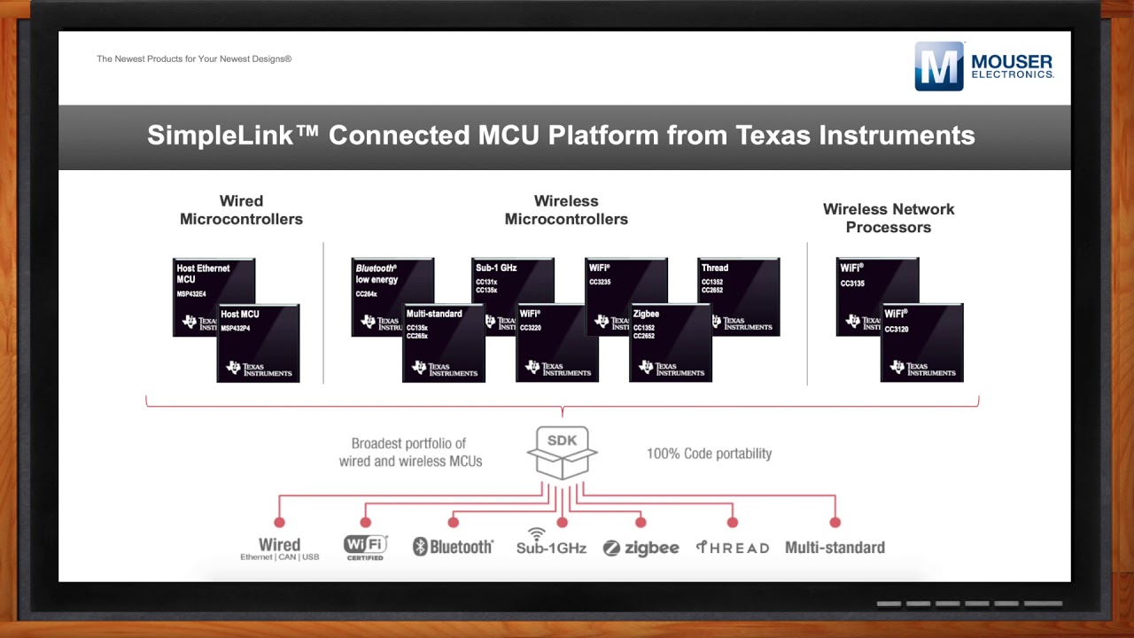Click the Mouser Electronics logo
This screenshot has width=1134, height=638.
click(x=983, y=66)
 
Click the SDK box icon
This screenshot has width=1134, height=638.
click(x=562, y=453)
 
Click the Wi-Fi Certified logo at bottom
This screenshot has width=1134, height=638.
click(x=365, y=547)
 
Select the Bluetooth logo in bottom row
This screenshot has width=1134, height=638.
click(x=453, y=547)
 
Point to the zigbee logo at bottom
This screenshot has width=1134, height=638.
click(x=641, y=548)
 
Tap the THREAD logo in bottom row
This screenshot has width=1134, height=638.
click(x=732, y=548)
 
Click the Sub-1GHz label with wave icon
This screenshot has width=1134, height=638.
click(x=551, y=542)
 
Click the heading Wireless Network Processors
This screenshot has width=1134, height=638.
click(x=888, y=218)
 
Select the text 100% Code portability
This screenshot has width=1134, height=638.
click(x=709, y=454)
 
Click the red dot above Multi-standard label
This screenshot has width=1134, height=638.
click(x=835, y=523)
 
